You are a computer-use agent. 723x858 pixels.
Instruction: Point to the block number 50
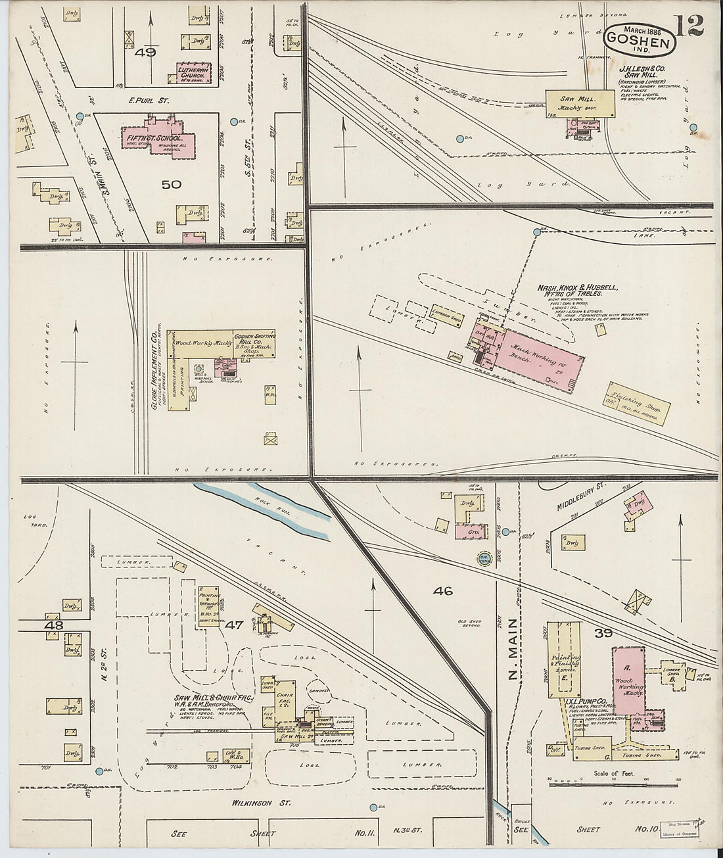(172, 185)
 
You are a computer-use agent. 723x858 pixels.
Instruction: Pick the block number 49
(145, 53)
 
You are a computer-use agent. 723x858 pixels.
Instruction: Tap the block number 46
(443, 590)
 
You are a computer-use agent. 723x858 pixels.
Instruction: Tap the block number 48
(53, 625)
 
